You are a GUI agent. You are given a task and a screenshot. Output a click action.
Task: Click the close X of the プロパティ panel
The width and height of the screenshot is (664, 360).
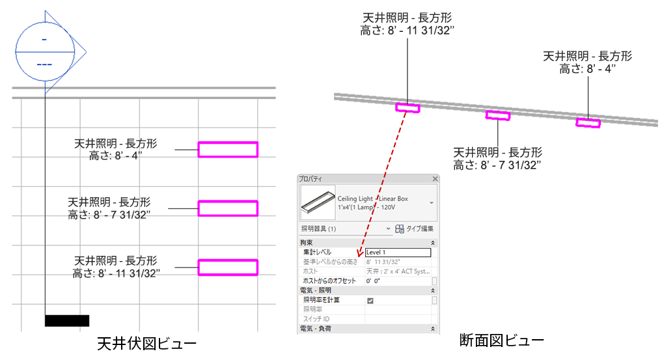pyautogui.click(x=435, y=178)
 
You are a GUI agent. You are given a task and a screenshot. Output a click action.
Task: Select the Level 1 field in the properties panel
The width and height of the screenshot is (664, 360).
pyautogui.click(x=398, y=252)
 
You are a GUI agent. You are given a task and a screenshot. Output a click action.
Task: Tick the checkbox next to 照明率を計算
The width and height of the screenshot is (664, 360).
pyautogui.click(x=370, y=301)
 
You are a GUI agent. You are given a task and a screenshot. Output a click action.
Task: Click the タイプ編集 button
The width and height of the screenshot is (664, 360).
pyautogui.click(x=415, y=228)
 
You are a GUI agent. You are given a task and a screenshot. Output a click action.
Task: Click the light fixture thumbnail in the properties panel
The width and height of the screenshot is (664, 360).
pyautogui.click(x=317, y=202)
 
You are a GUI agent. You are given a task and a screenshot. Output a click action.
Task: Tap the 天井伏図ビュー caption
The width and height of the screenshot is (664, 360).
pyautogui.click(x=146, y=342)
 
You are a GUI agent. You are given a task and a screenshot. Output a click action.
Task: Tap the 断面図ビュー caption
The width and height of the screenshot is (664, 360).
pyautogui.click(x=501, y=339)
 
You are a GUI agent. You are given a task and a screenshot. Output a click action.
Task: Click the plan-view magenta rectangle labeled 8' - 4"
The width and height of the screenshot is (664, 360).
pyautogui.click(x=228, y=150)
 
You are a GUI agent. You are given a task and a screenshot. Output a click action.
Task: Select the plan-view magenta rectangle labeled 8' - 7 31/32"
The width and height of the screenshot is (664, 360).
pyautogui.click(x=228, y=208)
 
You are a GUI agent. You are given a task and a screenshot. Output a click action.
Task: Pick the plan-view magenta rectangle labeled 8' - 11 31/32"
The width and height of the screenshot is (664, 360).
pyautogui.click(x=228, y=267)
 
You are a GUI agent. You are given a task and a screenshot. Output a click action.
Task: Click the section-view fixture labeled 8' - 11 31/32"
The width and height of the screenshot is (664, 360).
pyautogui.click(x=408, y=108)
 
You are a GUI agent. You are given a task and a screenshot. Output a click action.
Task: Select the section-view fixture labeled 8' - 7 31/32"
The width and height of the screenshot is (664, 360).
pyautogui.click(x=498, y=116)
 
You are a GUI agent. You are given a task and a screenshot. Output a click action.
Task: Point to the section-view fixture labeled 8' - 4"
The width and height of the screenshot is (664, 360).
pyautogui.click(x=588, y=122)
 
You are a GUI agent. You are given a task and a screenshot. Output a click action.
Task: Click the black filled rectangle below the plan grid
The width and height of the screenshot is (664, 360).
pyautogui.click(x=66, y=320)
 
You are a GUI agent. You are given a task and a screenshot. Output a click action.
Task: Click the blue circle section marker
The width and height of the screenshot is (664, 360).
pyautogui.click(x=44, y=51)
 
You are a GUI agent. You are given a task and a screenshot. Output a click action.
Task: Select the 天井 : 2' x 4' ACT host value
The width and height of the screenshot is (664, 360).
pyautogui.click(x=397, y=271)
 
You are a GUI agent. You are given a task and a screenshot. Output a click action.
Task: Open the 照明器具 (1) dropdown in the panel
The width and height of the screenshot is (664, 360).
pyautogui.click(x=389, y=228)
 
